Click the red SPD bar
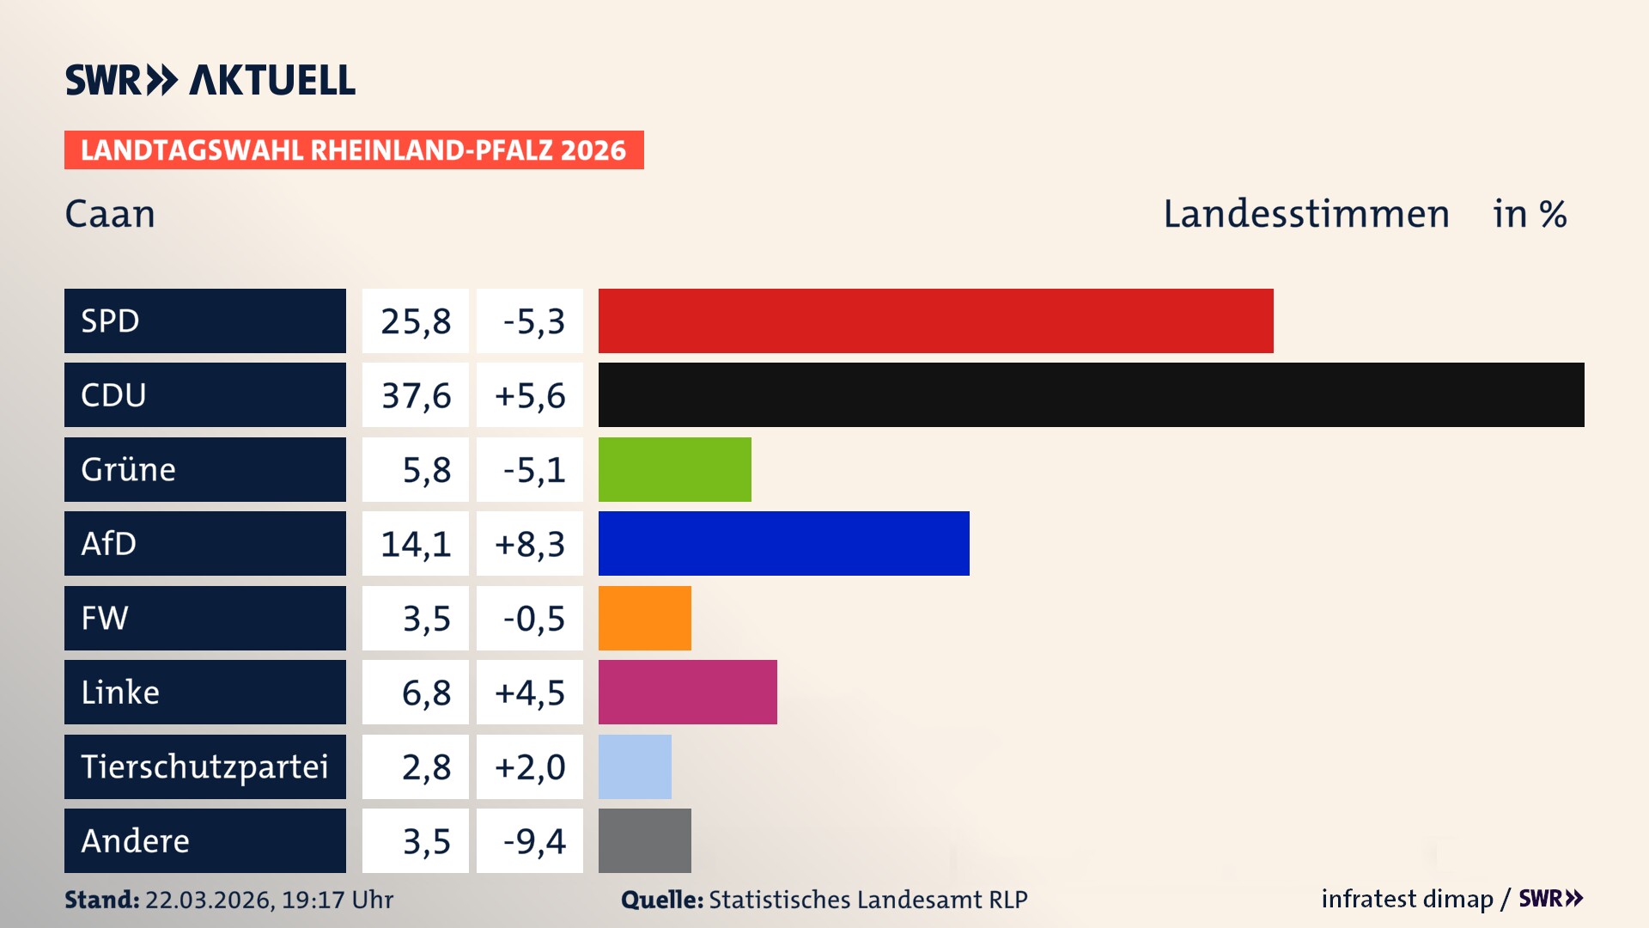click(935, 321)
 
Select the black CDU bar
click(1091, 394)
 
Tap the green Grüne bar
click(674, 469)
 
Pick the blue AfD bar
click(783, 543)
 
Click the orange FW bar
click(644, 618)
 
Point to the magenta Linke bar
click(687, 692)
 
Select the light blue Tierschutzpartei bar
click(635, 766)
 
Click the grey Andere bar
click(644, 840)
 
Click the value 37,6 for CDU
click(416, 395)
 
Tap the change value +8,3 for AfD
click(530, 544)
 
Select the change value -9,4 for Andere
click(533, 841)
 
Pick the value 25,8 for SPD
click(416, 321)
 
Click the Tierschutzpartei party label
click(204, 766)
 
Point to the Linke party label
click(120, 693)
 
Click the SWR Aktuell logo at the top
click(210, 80)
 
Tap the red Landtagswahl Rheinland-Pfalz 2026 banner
click(353, 150)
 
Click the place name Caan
click(110, 214)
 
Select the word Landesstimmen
click(1305, 214)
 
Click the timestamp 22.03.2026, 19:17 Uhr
click(269, 900)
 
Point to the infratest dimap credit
click(1406, 899)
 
